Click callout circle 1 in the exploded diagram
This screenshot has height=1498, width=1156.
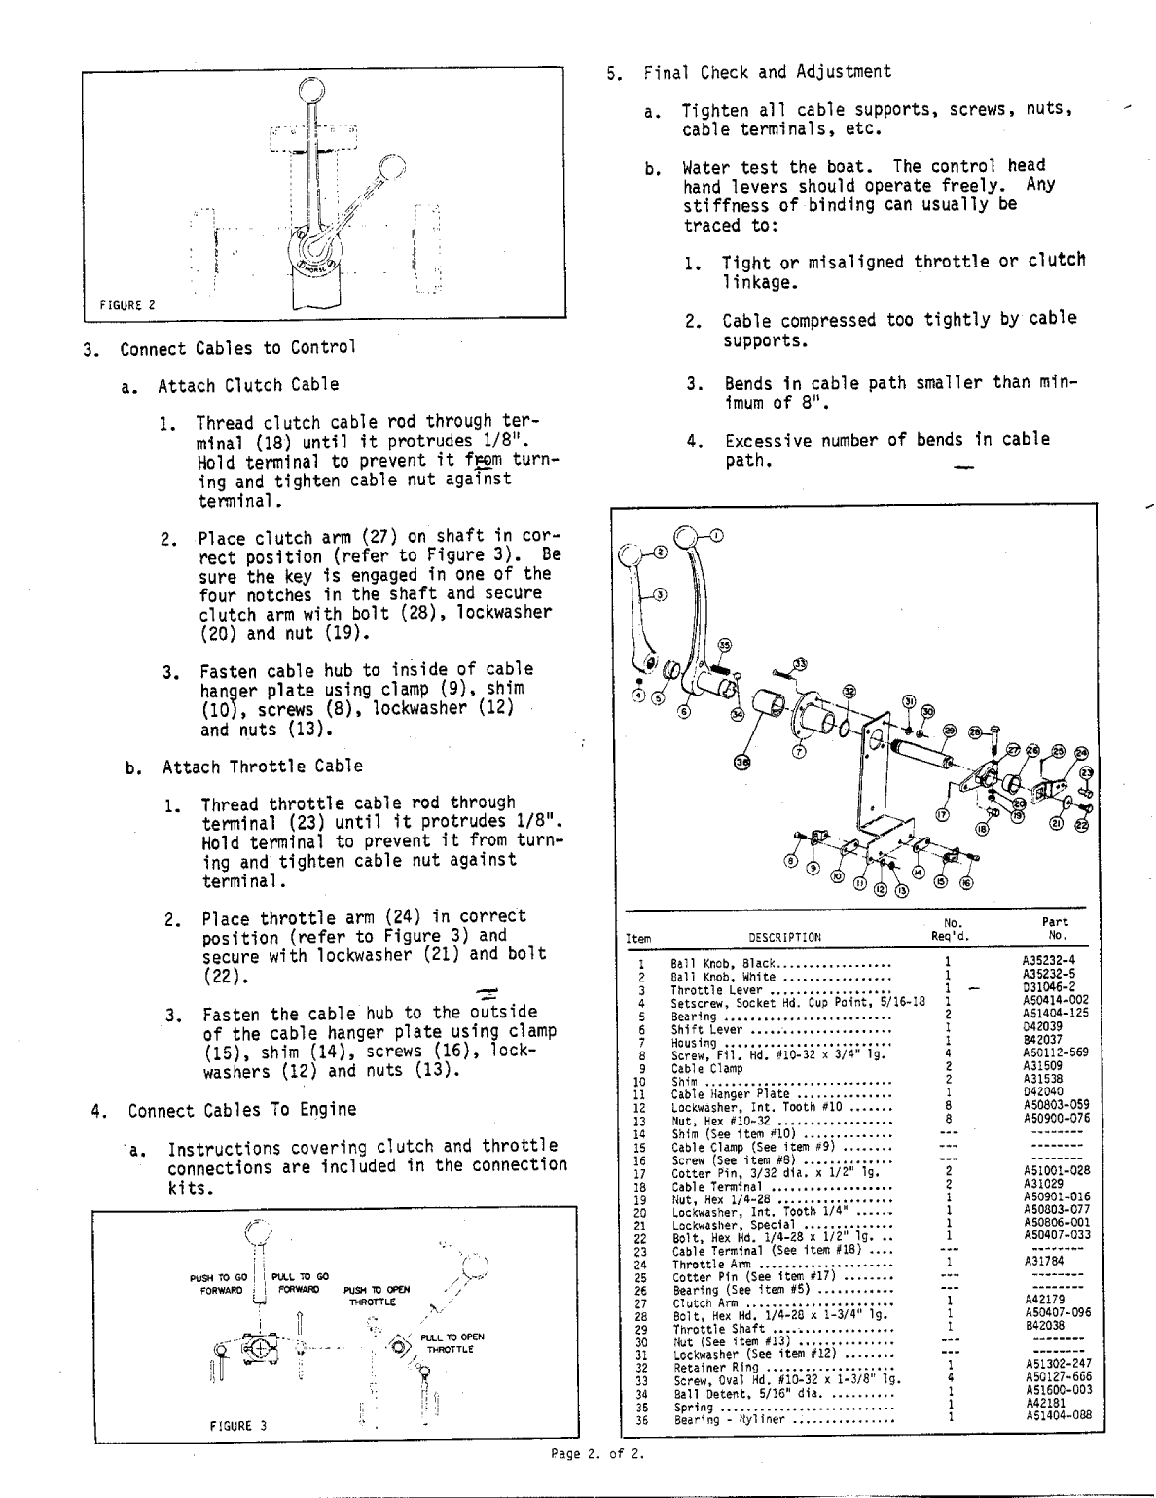coord(716,534)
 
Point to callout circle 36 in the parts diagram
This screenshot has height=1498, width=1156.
coord(741,763)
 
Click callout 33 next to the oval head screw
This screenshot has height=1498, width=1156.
coord(800,662)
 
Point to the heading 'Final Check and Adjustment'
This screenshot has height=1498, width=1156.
coord(766,72)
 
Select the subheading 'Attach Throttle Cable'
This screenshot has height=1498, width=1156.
coord(262,767)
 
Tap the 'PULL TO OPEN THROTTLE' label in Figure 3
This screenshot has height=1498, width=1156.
coord(448,1343)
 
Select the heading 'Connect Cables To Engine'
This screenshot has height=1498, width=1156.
coord(242,1110)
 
